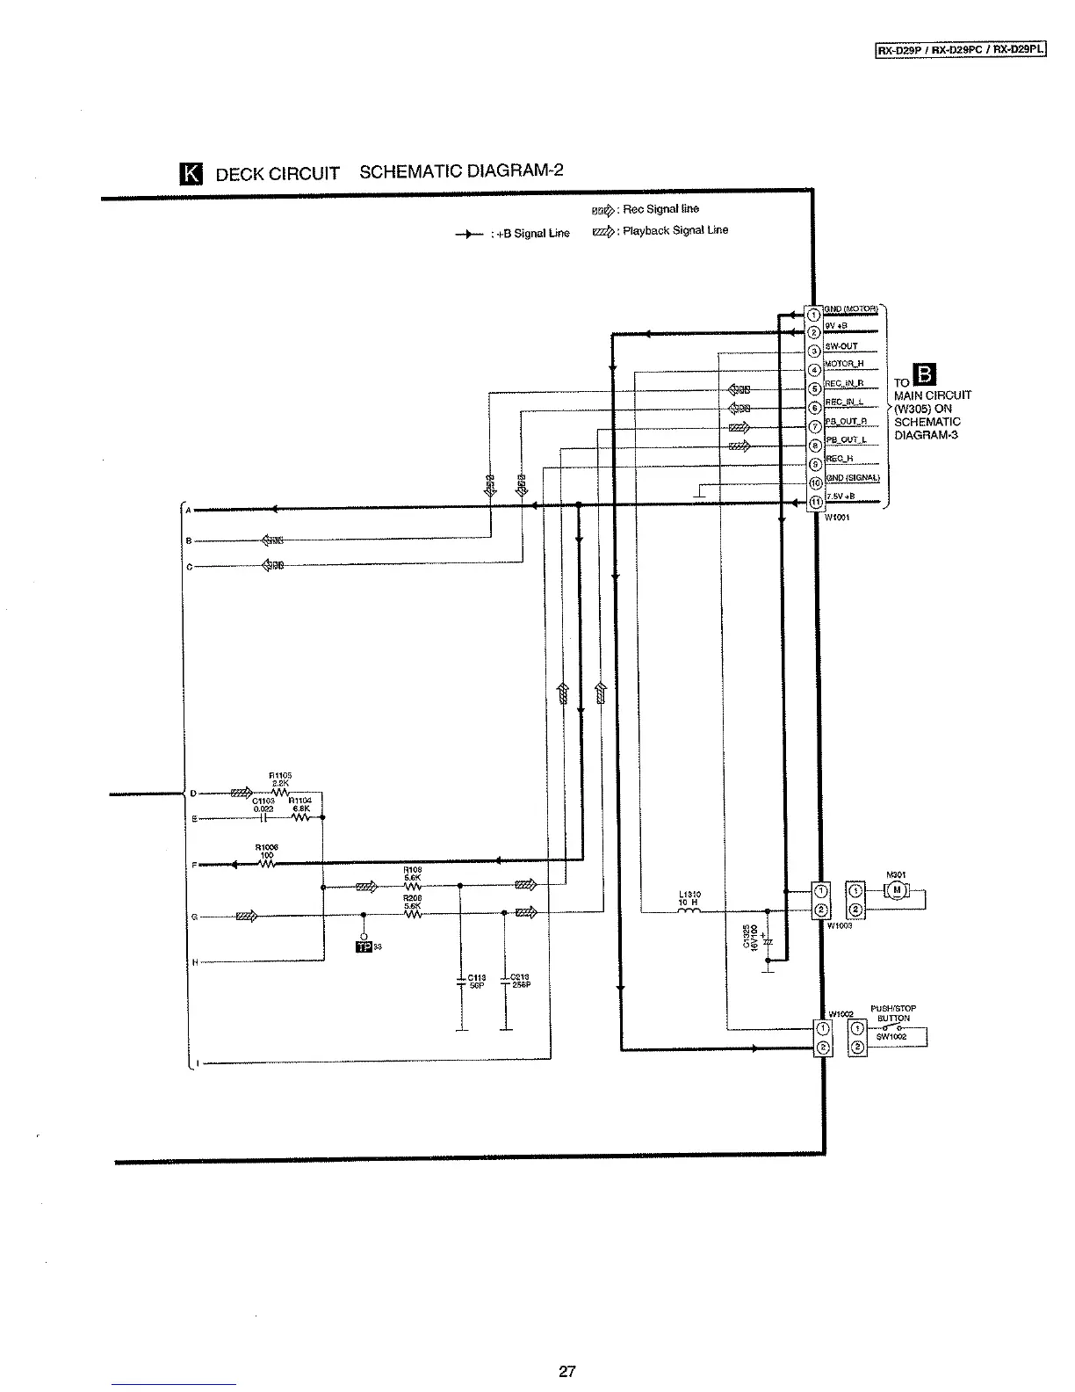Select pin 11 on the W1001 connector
pos(813,504)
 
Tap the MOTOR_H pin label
pos(844,364)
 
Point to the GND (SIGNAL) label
pos(852,478)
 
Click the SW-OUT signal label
pos(841,346)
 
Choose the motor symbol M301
pos(897,891)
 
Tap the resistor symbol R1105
pos(280,793)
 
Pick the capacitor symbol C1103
pos(263,817)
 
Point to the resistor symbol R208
pos(413,913)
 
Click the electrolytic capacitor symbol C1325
pos(768,941)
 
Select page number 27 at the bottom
pos(566,1370)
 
